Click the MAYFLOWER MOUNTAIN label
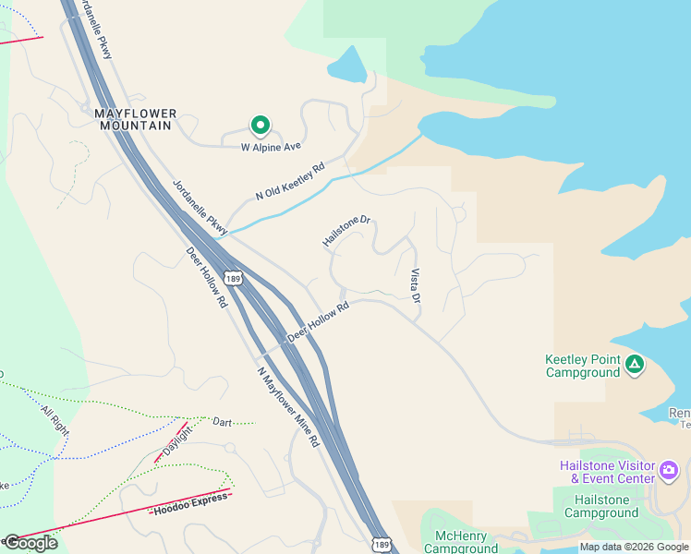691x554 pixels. [x=135, y=119]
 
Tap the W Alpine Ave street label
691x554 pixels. [x=272, y=147]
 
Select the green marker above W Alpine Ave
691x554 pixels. [x=261, y=125]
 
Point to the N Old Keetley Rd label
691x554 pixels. [x=291, y=182]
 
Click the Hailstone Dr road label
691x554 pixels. [x=346, y=232]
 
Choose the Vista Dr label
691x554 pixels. [x=415, y=286]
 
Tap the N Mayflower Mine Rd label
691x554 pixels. [x=288, y=407]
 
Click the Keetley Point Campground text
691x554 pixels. [x=582, y=366]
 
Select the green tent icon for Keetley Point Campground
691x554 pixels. [x=634, y=365]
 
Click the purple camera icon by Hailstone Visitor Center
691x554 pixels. [x=669, y=473]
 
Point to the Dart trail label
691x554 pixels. [x=222, y=422]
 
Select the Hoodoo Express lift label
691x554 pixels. [x=190, y=503]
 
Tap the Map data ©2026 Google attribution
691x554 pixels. [x=634, y=548]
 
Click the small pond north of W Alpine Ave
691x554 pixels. [x=347, y=66]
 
